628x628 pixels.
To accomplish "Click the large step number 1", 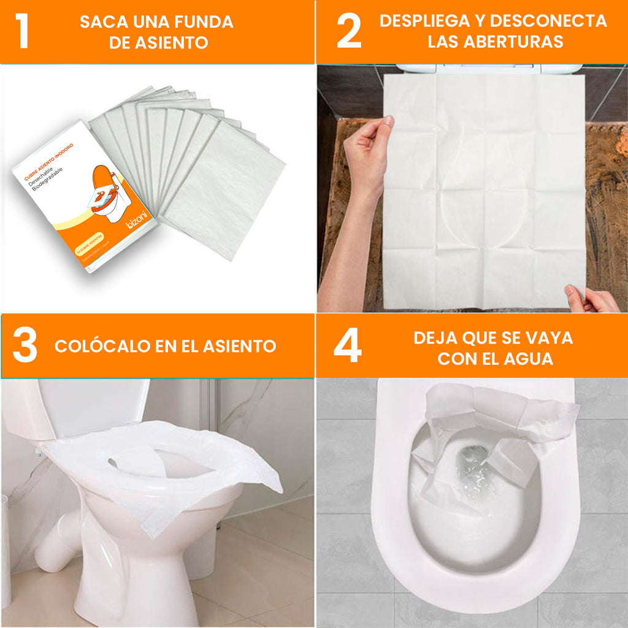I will coord(22,33).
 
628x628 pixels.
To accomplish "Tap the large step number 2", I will coord(349,33).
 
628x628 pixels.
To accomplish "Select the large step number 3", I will coord(25,346).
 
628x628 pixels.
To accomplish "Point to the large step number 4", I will coord(347,347).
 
